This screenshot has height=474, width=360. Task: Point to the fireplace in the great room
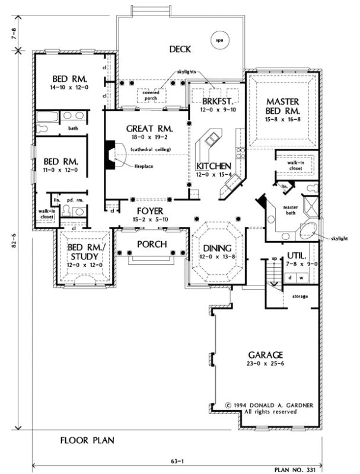click(x=111, y=155)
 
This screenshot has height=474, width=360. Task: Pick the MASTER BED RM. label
click(x=282, y=105)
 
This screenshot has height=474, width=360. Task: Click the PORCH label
click(x=152, y=244)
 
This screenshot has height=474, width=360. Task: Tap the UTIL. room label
click(x=297, y=255)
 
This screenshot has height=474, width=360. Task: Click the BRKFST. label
click(x=212, y=101)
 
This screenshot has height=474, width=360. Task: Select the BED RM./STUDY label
click(x=82, y=252)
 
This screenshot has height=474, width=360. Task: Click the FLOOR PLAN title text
click(x=87, y=440)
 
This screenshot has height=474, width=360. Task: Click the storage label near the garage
click(x=300, y=296)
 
